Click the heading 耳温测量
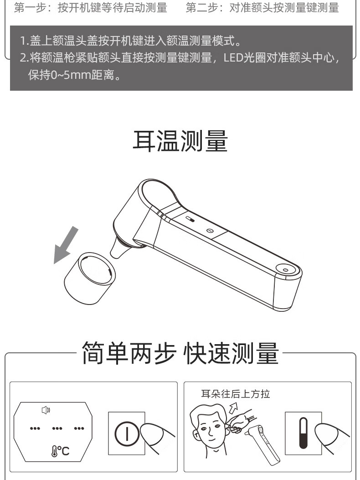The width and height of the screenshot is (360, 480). tap(180, 141)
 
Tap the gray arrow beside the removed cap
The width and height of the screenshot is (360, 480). tap(66, 245)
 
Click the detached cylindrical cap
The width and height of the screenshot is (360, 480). tap(90, 278)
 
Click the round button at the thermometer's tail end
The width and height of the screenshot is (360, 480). tap(285, 269)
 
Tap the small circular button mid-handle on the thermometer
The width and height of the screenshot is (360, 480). tap(210, 231)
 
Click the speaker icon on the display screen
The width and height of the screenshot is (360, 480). tap(46, 410)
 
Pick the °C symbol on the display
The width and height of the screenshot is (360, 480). tap(61, 451)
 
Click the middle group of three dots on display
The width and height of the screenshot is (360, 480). tap(57, 428)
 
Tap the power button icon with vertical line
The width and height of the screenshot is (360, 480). tap(127, 434)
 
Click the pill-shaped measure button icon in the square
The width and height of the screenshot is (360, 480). tap(303, 433)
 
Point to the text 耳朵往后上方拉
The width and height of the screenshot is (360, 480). tap(236, 394)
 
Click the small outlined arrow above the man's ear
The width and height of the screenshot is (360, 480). tap(233, 408)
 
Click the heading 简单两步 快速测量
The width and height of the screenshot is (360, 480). tap(180, 353)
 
